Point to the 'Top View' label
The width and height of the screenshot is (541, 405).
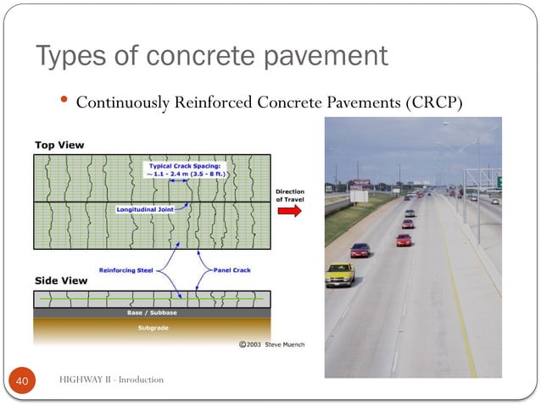[59, 145]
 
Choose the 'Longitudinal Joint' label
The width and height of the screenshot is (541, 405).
[146, 208]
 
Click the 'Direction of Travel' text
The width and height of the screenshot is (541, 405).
[289, 195]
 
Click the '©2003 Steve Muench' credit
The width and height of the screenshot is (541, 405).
[271, 345]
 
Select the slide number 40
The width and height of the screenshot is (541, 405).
[23, 381]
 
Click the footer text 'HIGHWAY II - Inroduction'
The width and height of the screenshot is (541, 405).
[111, 380]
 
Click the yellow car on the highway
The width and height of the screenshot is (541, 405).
[340, 274]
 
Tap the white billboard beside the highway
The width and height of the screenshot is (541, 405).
[359, 195]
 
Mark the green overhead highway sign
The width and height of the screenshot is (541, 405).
[499, 182]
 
